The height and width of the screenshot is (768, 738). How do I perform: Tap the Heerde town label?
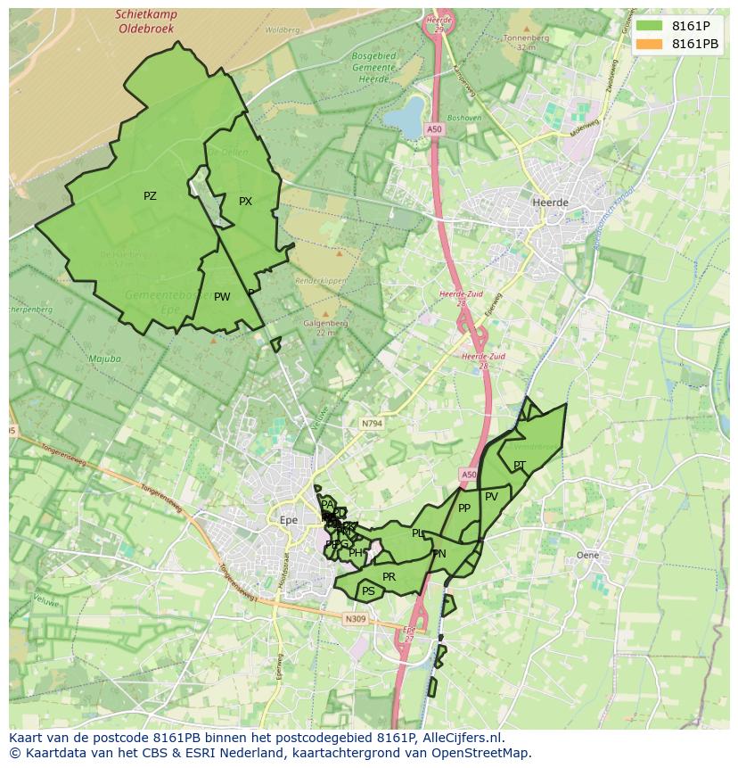coord(549,202)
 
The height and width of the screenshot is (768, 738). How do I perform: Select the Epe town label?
coord(288,519)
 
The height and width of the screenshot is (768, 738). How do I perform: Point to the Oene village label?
coord(587,555)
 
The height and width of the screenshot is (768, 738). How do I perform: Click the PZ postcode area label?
coord(150,196)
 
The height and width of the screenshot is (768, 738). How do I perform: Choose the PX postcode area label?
coord(245,202)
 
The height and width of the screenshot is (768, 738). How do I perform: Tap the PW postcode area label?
coord(222,297)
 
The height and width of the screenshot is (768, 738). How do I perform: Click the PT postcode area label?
coord(519,465)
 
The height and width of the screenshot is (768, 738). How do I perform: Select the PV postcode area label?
coord(491,497)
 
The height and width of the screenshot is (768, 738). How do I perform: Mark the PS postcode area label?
coord(368,590)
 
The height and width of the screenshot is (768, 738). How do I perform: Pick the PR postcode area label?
coord(389,577)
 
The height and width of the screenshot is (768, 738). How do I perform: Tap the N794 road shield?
coord(371,423)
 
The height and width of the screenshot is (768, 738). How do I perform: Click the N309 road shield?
coord(354,618)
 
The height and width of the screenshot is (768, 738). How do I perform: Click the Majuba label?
coord(104,359)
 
